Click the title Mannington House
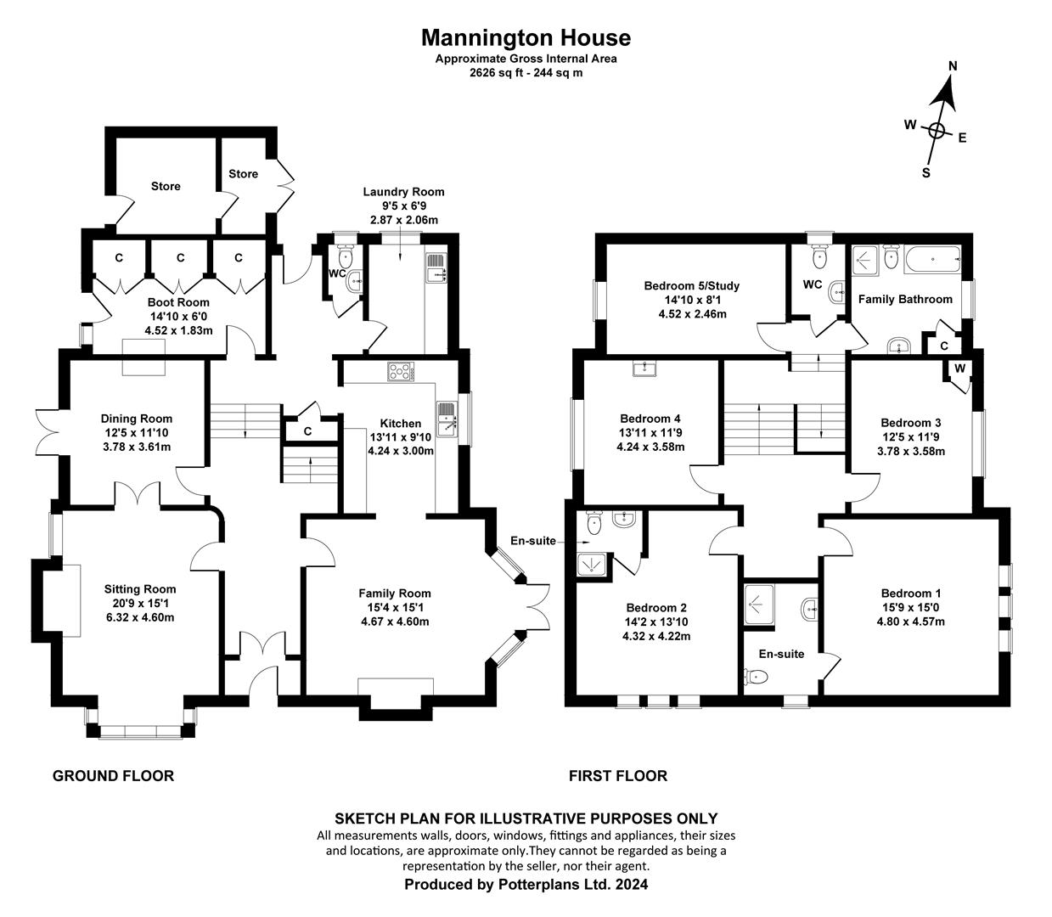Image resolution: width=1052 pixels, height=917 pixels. click(x=526, y=37)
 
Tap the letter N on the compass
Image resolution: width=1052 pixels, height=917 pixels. click(x=953, y=66)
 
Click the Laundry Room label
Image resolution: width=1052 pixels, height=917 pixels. click(x=403, y=192)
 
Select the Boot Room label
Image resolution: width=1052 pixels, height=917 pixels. click(x=178, y=302)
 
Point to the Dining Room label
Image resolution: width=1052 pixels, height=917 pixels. click(x=136, y=419)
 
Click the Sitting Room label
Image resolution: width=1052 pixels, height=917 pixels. click(x=140, y=589)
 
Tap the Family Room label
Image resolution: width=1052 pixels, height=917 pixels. click(x=395, y=594)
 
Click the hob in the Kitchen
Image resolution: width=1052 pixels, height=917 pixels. click(x=400, y=371)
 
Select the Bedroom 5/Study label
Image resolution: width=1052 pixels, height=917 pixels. click(x=691, y=286)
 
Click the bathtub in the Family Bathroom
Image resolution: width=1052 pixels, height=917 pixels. click(x=931, y=257)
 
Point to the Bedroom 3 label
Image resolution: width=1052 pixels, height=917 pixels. click(x=911, y=423)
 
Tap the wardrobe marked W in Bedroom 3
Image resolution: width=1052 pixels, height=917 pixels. click(x=959, y=368)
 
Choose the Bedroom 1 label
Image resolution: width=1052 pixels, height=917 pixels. click(x=911, y=594)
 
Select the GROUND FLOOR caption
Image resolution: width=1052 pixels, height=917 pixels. click(x=113, y=775)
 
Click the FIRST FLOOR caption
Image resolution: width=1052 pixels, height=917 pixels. click(x=618, y=775)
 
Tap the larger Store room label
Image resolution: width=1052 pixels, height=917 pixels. click(x=166, y=186)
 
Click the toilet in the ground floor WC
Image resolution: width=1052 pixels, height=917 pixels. click(x=345, y=256)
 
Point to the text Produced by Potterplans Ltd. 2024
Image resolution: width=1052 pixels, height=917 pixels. click(x=526, y=884)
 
